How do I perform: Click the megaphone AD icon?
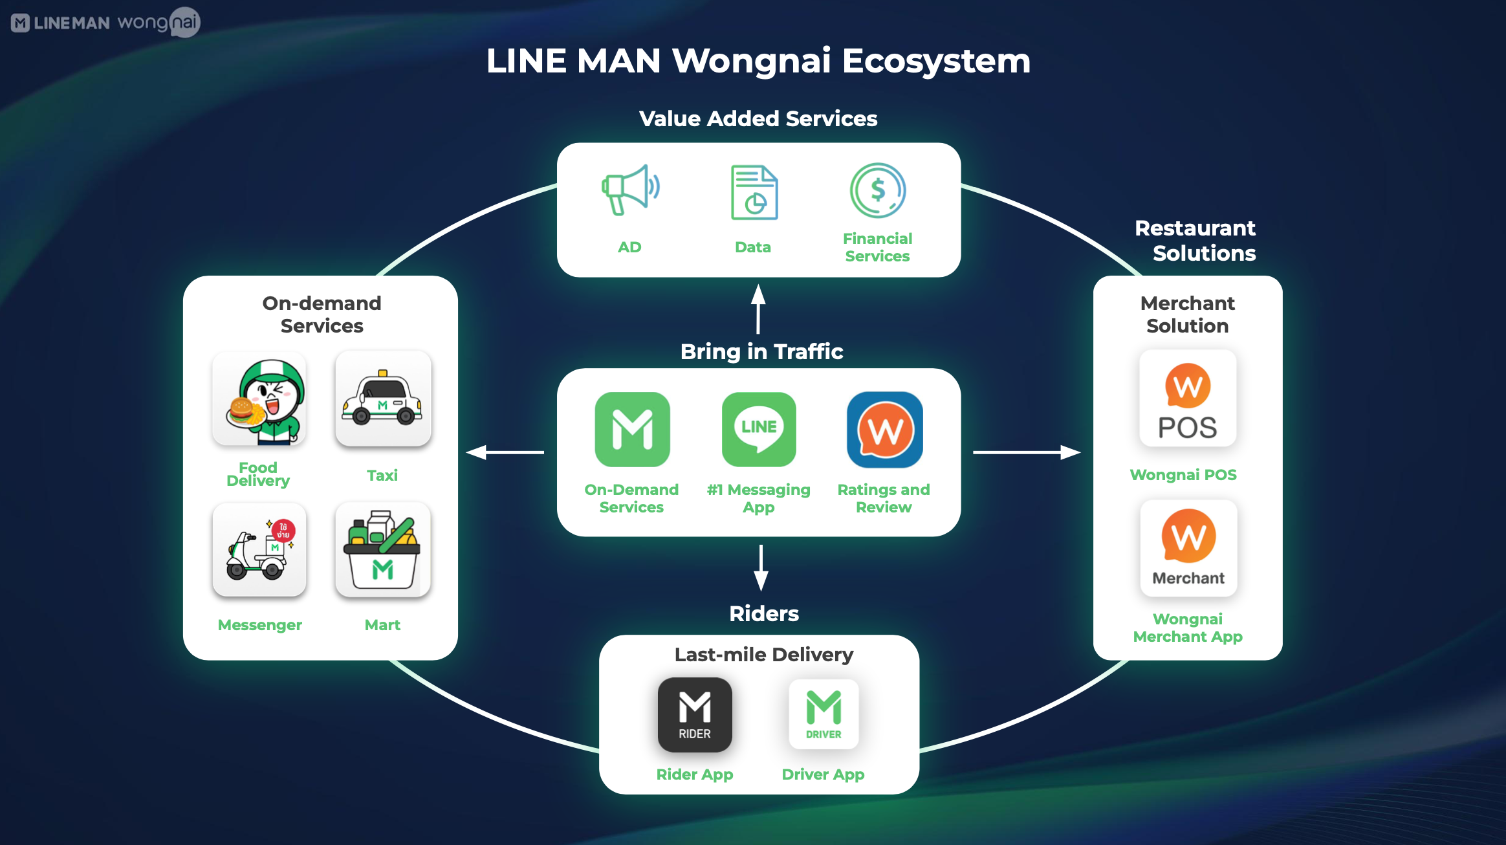click(630, 190)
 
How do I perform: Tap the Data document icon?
click(754, 193)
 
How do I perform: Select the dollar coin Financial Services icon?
click(878, 190)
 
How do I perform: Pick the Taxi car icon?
click(383, 399)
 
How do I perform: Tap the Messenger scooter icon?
click(259, 550)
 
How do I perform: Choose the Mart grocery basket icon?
click(383, 550)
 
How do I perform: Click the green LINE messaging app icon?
click(759, 430)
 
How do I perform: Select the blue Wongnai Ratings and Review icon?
click(884, 430)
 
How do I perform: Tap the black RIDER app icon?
click(695, 714)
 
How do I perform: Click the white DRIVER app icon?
click(824, 714)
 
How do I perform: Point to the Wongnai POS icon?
click(1188, 399)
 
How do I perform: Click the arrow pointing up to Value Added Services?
click(758, 309)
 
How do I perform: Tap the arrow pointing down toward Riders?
click(761, 567)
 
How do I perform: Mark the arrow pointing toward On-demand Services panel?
click(505, 452)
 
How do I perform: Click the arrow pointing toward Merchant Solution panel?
click(1027, 452)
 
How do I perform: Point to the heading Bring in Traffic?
click(761, 351)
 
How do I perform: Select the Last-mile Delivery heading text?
click(763, 655)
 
